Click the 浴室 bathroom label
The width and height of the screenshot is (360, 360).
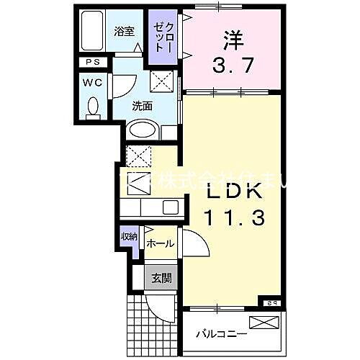124,31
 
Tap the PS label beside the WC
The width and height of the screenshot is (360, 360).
92,63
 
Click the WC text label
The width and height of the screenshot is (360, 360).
93,83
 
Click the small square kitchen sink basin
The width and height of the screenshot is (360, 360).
170,207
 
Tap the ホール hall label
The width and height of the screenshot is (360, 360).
159,244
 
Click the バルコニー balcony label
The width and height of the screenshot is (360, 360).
222,335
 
